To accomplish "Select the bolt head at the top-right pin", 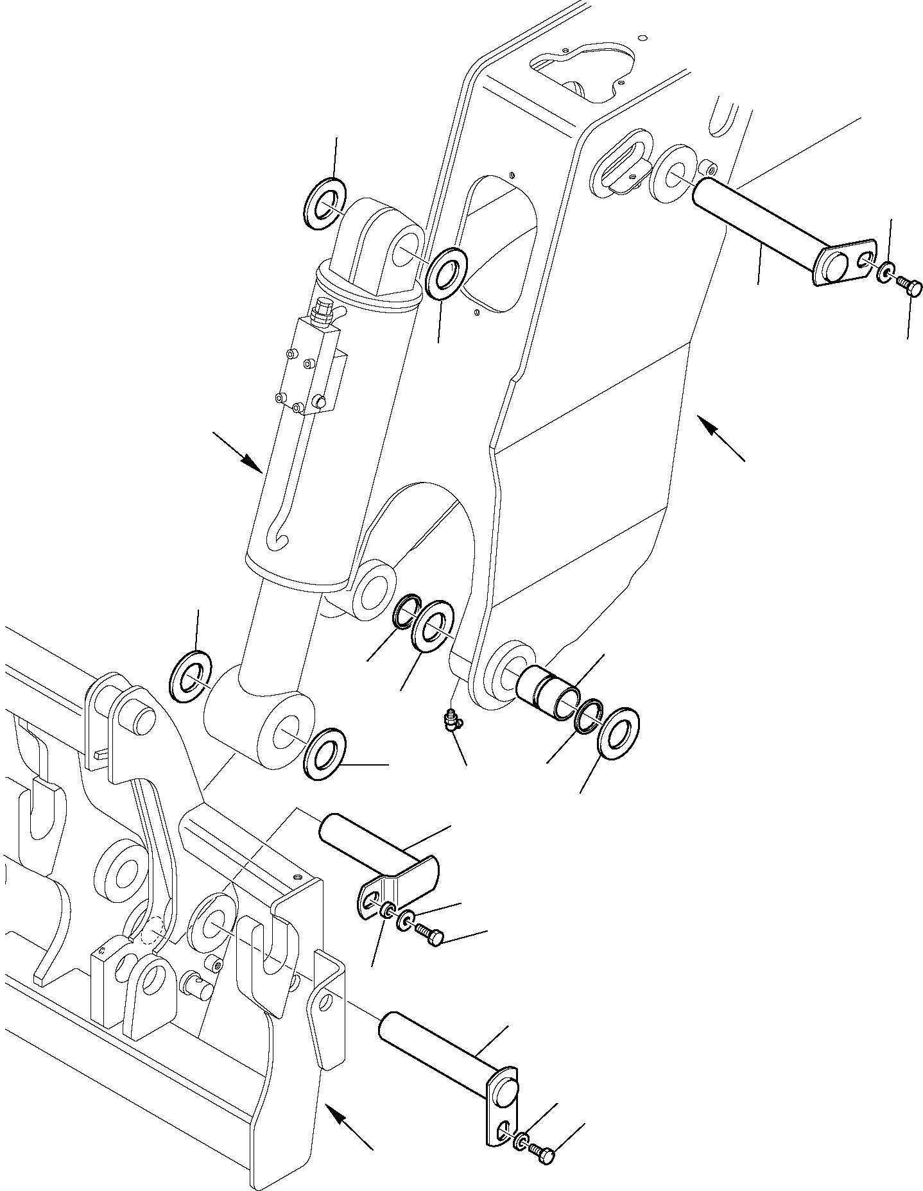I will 910,286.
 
